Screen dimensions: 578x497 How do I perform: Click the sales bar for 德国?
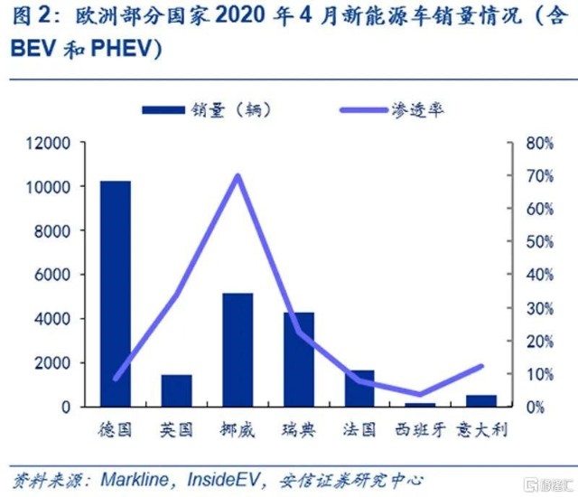116,294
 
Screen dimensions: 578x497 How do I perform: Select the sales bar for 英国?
177,390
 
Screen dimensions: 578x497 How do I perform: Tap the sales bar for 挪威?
238,351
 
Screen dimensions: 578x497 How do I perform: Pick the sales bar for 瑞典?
299,360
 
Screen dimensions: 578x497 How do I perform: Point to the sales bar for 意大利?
481,401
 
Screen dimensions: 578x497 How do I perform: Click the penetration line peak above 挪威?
238,175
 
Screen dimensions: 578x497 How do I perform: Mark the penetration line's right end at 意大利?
481,366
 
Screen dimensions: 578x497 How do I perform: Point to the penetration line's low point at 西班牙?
419,394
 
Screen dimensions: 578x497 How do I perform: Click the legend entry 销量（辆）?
207,110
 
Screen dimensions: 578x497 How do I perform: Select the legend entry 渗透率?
391,110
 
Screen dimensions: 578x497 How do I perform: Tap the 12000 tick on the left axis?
48,143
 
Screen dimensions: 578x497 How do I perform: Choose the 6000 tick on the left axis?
52,275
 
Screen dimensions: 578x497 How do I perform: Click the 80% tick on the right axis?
540,143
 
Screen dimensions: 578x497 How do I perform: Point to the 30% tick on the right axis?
540,308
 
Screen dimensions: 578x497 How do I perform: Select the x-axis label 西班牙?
420,430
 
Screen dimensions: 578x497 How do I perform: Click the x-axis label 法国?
359,430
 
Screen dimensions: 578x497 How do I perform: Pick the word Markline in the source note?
135,479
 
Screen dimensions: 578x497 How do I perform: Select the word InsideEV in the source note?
223,479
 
